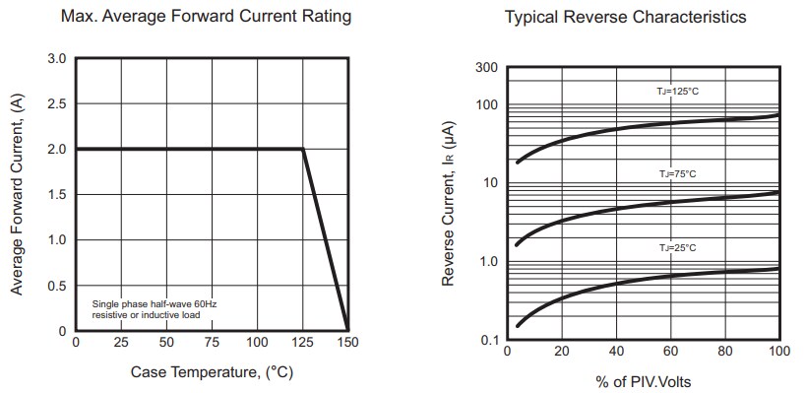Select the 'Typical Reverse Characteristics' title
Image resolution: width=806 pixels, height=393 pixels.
click(625, 17)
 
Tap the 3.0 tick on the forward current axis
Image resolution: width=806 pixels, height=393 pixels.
click(57, 59)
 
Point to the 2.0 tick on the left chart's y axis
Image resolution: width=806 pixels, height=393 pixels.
click(57, 150)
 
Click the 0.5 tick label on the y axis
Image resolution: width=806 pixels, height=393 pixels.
click(57, 286)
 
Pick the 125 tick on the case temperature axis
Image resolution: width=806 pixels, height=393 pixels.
click(303, 343)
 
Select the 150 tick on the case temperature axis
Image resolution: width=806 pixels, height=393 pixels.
click(347, 343)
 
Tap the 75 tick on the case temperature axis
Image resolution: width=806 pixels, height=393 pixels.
click(212, 343)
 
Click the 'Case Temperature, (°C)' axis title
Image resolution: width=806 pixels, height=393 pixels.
click(212, 372)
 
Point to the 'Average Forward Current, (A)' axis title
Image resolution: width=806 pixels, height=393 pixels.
click(17, 195)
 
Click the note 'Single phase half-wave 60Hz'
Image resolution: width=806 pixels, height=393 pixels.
click(154, 304)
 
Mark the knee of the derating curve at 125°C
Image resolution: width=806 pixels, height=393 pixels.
click(302, 149)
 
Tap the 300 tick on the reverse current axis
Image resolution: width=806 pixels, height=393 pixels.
click(488, 68)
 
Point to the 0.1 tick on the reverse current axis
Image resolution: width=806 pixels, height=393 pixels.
click(489, 341)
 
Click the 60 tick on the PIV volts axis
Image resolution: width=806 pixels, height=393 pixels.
click(670, 352)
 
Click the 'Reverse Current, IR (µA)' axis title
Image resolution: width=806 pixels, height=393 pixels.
click(449, 204)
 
